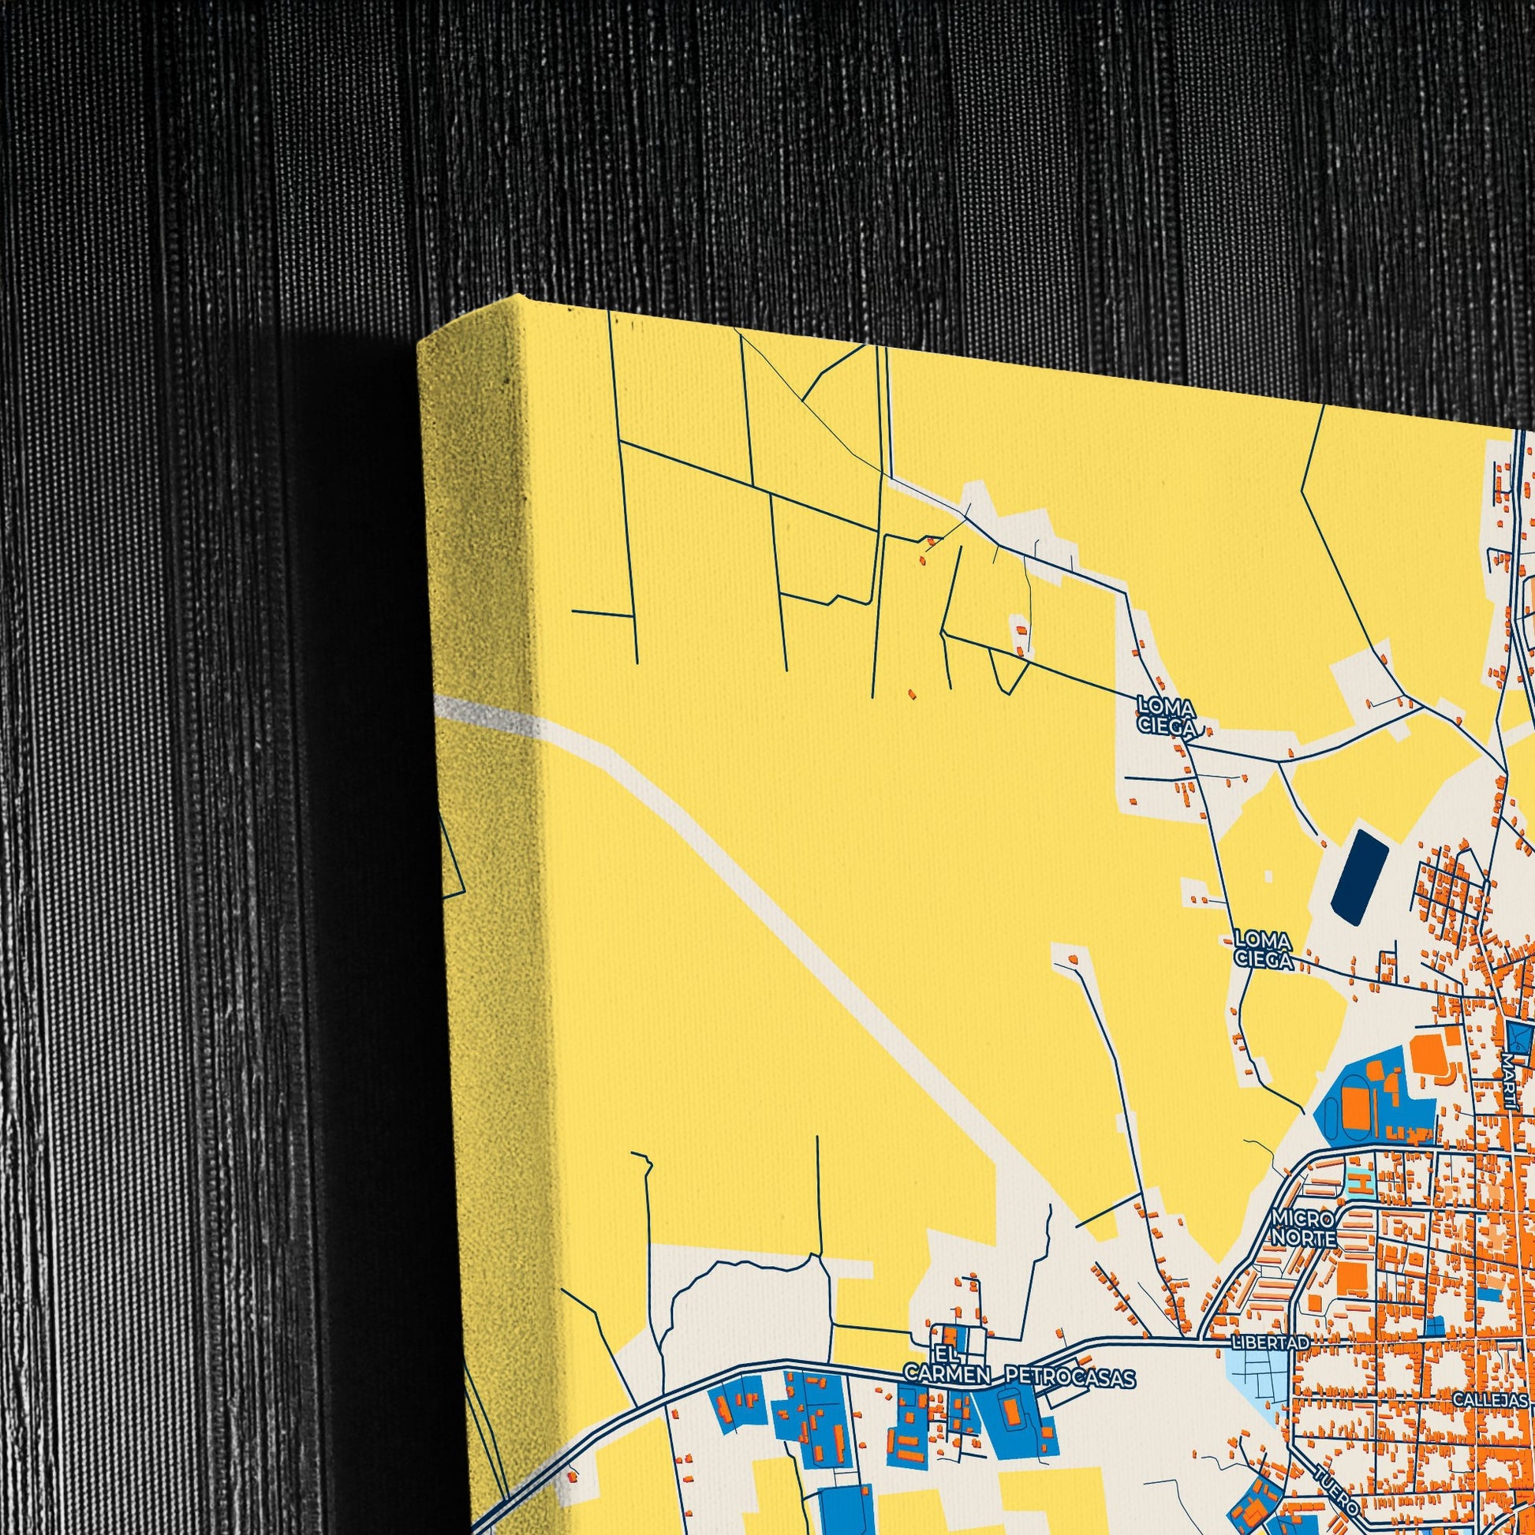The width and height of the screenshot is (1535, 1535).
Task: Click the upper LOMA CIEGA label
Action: pos(1166,715)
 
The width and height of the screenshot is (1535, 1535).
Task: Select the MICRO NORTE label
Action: pos(1302,1249)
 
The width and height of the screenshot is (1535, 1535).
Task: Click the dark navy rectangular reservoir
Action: pos(1362,876)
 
